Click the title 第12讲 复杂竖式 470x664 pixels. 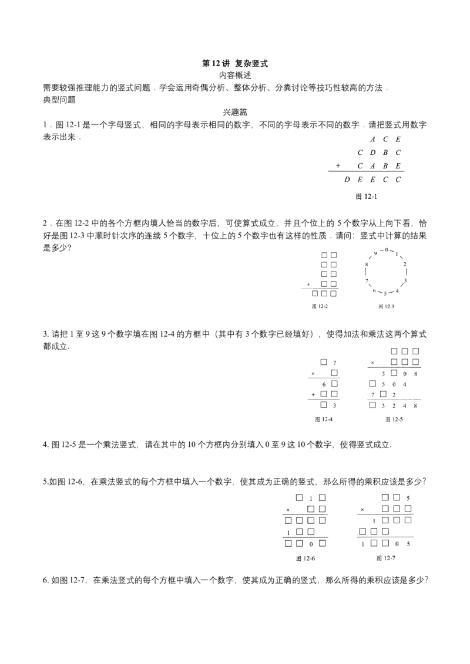coord(234,63)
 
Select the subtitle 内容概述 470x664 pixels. coord(235,76)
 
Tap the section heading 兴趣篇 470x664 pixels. coord(235,112)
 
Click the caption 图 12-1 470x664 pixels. coord(366,197)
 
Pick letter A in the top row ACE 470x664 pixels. coord(372,140)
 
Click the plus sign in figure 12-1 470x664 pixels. coord(338,165)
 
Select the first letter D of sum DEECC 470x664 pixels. coord(347,179)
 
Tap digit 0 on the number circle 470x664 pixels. coord(385,250)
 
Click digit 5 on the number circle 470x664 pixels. coord(385,293)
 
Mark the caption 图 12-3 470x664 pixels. coord(387,307)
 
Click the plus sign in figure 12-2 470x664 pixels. coord(309,284)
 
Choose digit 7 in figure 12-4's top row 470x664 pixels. coord(335,363)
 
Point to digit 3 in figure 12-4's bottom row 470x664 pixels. coord(334,406)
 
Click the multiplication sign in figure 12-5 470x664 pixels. coord(372,363)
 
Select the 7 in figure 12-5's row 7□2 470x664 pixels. coord(372,395)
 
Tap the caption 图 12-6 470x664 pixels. coord(305,558)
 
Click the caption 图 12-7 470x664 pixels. coord(385,558)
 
